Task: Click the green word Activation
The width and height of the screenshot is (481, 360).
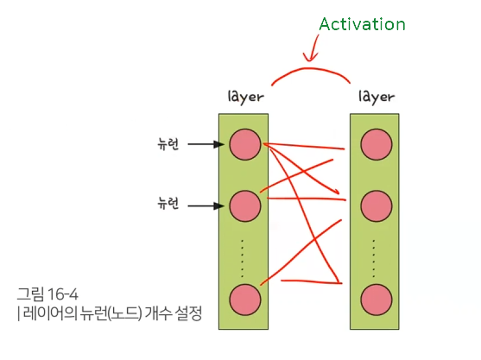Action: tap(362, 24)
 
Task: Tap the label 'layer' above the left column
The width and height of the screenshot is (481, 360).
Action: tap(246, 97)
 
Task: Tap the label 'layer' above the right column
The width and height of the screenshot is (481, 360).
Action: tap(377, 97)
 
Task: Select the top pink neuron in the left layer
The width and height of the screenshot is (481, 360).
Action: tap(244, 144)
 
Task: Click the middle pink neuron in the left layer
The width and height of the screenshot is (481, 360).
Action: tap(244, 206)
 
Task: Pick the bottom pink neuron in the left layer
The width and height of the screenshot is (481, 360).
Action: tap(244, 300)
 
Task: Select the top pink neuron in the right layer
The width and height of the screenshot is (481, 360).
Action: tap(377, 144)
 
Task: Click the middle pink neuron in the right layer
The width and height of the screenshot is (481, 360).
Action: tap(377, 206)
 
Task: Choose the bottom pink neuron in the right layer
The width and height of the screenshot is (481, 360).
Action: tap(377, 300)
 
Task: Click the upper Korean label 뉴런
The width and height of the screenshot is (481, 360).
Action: tap(168, 144)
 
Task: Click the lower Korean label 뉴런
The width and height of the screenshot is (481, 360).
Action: tap(168, 203)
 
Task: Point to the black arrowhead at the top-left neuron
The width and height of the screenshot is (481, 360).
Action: tap(219, 144)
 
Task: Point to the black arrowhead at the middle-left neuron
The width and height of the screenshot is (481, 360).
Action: tap(219, 205)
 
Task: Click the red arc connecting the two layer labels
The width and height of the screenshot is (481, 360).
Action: tap(310, 69)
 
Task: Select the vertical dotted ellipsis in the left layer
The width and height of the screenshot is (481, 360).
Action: tap(243, 258)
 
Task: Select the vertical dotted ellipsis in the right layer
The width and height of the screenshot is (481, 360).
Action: tap(374, 258)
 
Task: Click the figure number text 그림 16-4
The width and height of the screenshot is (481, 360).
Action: tap(47, 294)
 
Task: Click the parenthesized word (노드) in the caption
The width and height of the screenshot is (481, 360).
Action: tap(125, 313)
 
